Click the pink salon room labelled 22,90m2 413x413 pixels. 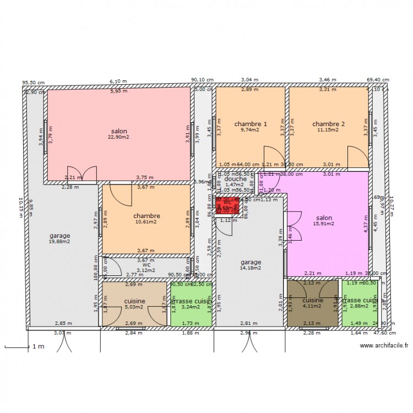(x=119, y=135)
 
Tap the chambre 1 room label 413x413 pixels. (x=251, y=124)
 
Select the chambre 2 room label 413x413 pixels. (x=329, y=124)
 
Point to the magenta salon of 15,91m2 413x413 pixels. (x=324, y=220)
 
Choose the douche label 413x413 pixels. (x=235, y=179)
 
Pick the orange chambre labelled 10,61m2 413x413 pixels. (x=146, y=219)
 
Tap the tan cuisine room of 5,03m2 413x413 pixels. (x=134, y=303)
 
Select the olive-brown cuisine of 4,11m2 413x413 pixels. (x=313, y=303)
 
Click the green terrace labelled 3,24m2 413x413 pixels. (x=191, y=305)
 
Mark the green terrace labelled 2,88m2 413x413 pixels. (x=361, y=303)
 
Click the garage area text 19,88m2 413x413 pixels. (x=59, y=242)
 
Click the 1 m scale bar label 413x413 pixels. (x=37, y=346)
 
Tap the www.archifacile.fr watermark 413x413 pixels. (x=384, y=346)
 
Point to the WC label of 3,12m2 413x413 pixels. (x=146, y=267)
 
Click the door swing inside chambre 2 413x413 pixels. (x=357, y=157)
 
